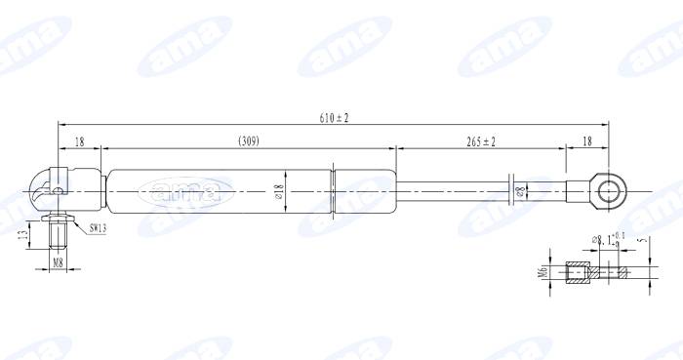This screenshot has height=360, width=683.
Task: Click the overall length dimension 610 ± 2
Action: pos(334,118)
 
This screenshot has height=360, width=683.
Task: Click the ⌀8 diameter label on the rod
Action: pos(520,190)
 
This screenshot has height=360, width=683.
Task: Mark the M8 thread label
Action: pos(58,262)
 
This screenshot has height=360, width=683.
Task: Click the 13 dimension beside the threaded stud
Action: pos(23,235)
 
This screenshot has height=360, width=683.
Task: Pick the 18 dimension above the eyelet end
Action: pos(587,141)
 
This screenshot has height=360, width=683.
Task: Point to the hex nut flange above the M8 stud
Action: pos(58,218)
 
